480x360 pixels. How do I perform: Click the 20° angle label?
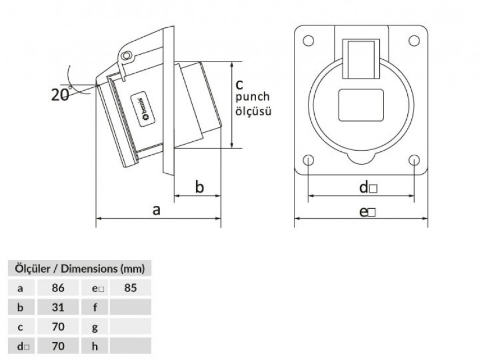tap(61, 94)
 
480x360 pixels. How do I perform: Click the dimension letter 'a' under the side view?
tap(157, 210)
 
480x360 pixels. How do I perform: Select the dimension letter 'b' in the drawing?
tap(198, 187)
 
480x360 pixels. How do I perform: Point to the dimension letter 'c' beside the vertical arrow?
tap(239, 85)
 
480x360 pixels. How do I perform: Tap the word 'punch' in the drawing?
tap(253, 97)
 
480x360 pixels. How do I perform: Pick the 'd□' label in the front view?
tap(368, 187)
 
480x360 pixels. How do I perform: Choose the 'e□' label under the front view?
tap(367, 212)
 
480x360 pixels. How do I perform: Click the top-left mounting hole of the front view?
tap(309, 40)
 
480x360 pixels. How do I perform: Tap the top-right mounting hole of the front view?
tap(414, 40)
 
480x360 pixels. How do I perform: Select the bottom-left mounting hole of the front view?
tap(309, 160)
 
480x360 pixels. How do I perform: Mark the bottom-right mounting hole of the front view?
tap(414, 160)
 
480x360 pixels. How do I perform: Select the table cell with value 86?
tap(57, 287)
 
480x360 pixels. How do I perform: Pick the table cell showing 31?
tap(57, 307)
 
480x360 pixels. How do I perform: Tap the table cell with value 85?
tap(130, 287)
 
